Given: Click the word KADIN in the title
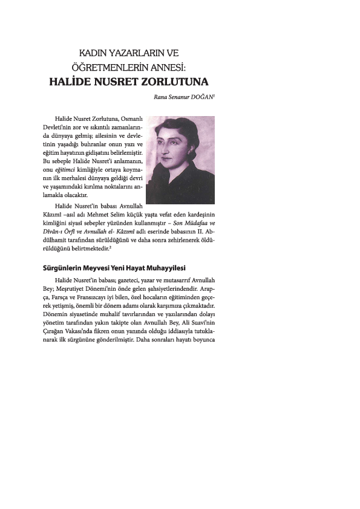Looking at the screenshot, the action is click(94, 54).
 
